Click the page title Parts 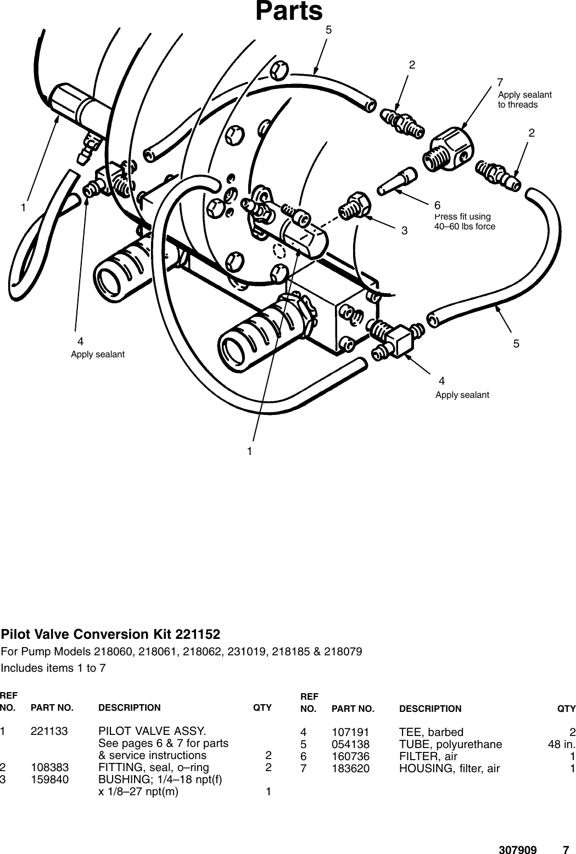click(x=289, y=12)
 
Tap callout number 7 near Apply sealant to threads click(x=500, y=82)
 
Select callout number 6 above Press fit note click(x=437, y=205)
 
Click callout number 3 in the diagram click(x=404, y=231)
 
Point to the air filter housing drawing click(x=449, y=147)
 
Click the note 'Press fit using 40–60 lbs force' click(x=465, y=221)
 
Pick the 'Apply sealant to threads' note click(x=524, y=99)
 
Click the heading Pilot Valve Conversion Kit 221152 click(x=110, y=634)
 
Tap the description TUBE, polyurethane click(x=450, y=744)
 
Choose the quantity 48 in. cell click(x=561, y=744)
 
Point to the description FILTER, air click(x=428, y=756)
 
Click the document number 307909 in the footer click(x=517, y=835)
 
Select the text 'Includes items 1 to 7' click(x=53, y=668)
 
